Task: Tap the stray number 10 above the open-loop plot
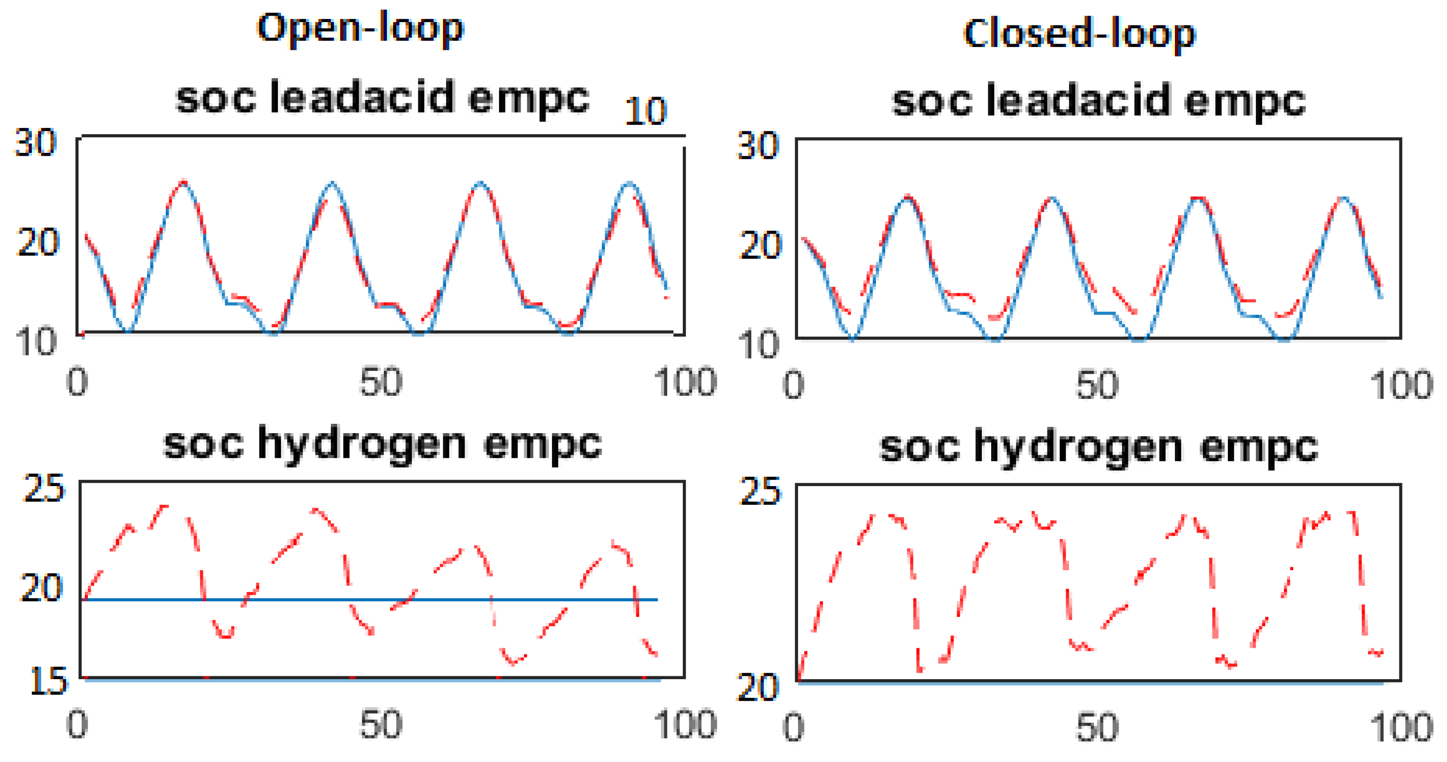tap(645, 111)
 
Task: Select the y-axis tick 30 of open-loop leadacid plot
tap(35, 143)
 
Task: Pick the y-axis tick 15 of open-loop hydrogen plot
tap(48, 682)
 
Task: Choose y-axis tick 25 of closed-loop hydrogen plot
tap(759, 492)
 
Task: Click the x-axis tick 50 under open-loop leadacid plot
tap(380, 383)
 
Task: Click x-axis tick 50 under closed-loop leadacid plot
tap(1097, 386)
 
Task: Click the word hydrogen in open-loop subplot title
tap(362, 445)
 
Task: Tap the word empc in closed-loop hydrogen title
tap(1258, 447)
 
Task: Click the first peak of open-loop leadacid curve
tap(183, 181)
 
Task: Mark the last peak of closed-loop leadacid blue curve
tap(1343, 197)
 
